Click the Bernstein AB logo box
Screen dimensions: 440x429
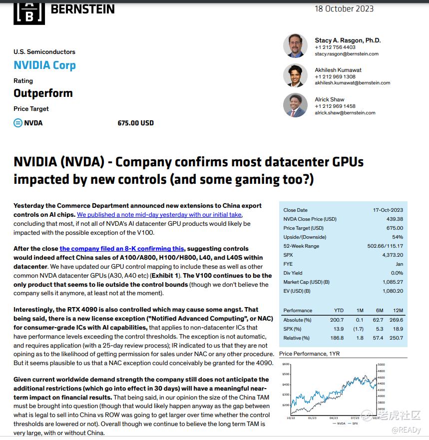point(29,12)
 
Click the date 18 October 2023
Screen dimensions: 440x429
point(344,8)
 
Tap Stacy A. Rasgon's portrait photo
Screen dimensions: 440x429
point(295,46)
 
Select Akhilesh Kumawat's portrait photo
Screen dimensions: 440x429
point(295,75)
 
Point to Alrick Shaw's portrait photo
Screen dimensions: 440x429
point(295,105)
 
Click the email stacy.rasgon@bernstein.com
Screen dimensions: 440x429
point(347,54)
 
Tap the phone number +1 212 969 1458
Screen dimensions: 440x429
point(335,106)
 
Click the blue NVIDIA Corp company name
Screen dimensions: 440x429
point(44,65)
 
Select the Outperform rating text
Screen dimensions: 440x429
point(43,93)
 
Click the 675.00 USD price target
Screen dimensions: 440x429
point(135,123)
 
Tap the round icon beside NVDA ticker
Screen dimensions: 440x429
point(18,123)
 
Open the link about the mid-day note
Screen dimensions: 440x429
point(159,215)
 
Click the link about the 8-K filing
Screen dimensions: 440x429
point(121,249)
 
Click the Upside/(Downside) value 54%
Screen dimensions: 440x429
point(398,237)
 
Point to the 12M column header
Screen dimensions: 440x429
point(398,311)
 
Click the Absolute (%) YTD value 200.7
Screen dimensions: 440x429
point(337,320)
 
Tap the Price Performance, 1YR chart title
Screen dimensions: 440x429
point(309,354)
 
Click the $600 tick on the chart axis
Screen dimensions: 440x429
point(286,365)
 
